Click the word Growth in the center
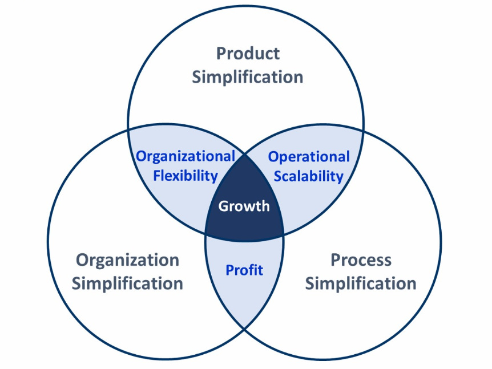click(x=244, y=205)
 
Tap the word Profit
click(x=244, y=269)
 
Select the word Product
click(x=248, y=54)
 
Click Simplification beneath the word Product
click(x=248, y=77)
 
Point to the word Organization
click(x=127, y=261)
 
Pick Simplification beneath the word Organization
click(x=127, y=283)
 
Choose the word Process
click(x=361, y=261)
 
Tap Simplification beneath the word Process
click(x=361, y=283)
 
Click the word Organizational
click(x=185, y=156)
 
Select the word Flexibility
click(x=185, y=175)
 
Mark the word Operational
click(x=309, y=156)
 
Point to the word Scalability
click(x=309, y=175)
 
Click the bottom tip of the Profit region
click(x=244, y=329)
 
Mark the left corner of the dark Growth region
click(x=205, y=233)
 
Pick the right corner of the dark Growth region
click(x=284, y=233)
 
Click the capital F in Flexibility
click(x=156, y=175)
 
